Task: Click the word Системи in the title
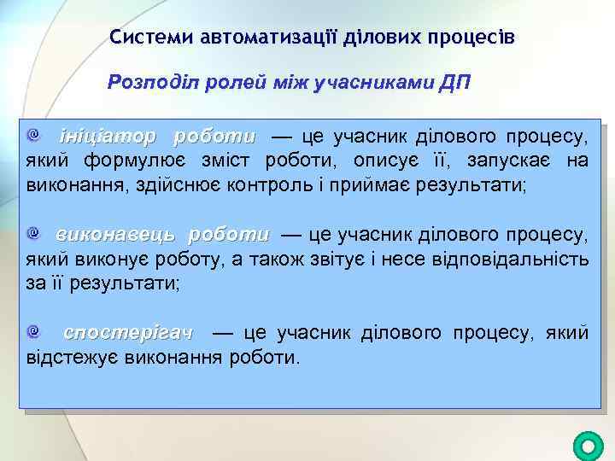(150, 38)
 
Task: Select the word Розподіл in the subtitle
(147, 83)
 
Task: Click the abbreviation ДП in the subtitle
(454, 83)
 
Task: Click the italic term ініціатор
(108, 137)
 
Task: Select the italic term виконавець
(116, 234)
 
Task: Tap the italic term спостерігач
(129, 331)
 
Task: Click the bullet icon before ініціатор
(32, 135)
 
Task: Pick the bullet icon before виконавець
(32, 232)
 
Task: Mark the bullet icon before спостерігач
(32, 330)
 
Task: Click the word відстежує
(73, 355)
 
